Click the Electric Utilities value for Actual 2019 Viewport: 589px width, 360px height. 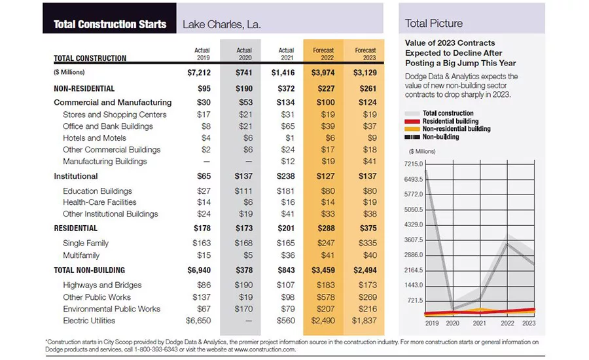coord(198,321)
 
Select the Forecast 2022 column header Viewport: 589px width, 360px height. coord(323,54)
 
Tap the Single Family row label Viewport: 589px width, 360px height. coord(86,243)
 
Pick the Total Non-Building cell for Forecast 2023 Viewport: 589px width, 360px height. coord(365,270)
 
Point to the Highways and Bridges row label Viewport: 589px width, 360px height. coord(102,285)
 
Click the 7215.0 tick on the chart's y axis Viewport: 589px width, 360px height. coord(414,164)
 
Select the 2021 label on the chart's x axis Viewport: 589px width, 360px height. coord(479,323)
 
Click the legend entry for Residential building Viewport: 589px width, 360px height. coord(450,121)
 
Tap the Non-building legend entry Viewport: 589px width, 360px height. coord(440,137)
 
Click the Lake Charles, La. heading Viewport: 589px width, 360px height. coord(222,24)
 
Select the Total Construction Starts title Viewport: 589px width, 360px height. coord(110,24)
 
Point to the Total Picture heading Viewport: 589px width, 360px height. coord(433,24)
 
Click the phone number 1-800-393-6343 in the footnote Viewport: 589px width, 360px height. coord(156,350)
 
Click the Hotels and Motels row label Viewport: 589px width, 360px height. coord(95,138)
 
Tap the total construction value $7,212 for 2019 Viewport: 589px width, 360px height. coord(199,73)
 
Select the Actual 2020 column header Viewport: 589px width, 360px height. coord(244,54)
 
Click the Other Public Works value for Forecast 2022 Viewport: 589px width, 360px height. coord(325,297)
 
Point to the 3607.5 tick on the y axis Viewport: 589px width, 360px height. coord(414,240)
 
